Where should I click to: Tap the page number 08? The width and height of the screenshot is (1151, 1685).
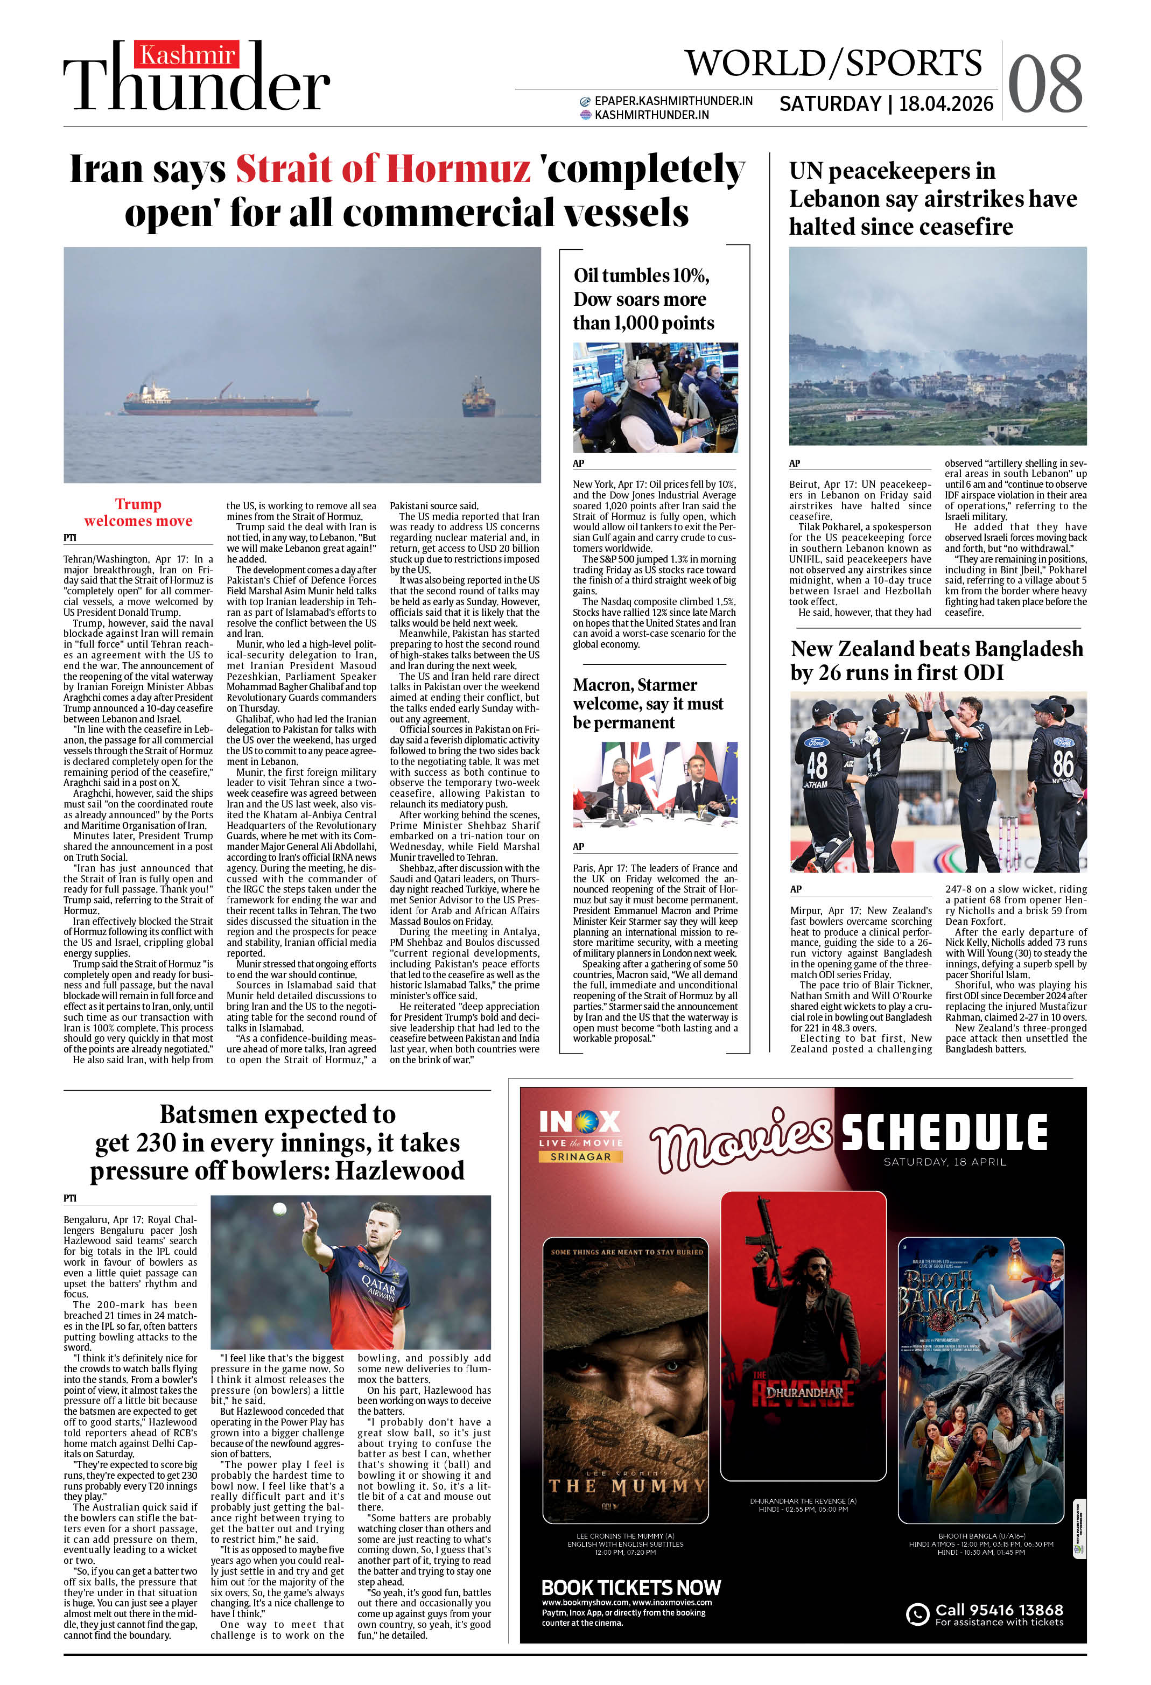click(x=1044, y=85)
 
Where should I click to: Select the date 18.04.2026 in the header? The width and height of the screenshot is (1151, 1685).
click(x=946, y=104)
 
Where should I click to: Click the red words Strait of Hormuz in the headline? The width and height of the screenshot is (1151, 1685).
click(x=383, y=169)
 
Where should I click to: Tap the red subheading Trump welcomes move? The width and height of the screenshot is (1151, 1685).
click(x=138, y=512)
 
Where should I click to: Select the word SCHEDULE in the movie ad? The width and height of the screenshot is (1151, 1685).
click(x=944, y=1133)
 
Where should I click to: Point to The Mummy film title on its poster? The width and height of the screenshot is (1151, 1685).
click(x=626, y=1486)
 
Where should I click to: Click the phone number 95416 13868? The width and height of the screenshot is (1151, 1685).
click(x=999, y=1610)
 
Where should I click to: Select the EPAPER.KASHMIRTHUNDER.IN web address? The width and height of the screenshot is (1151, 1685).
click(x=673, y=101)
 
